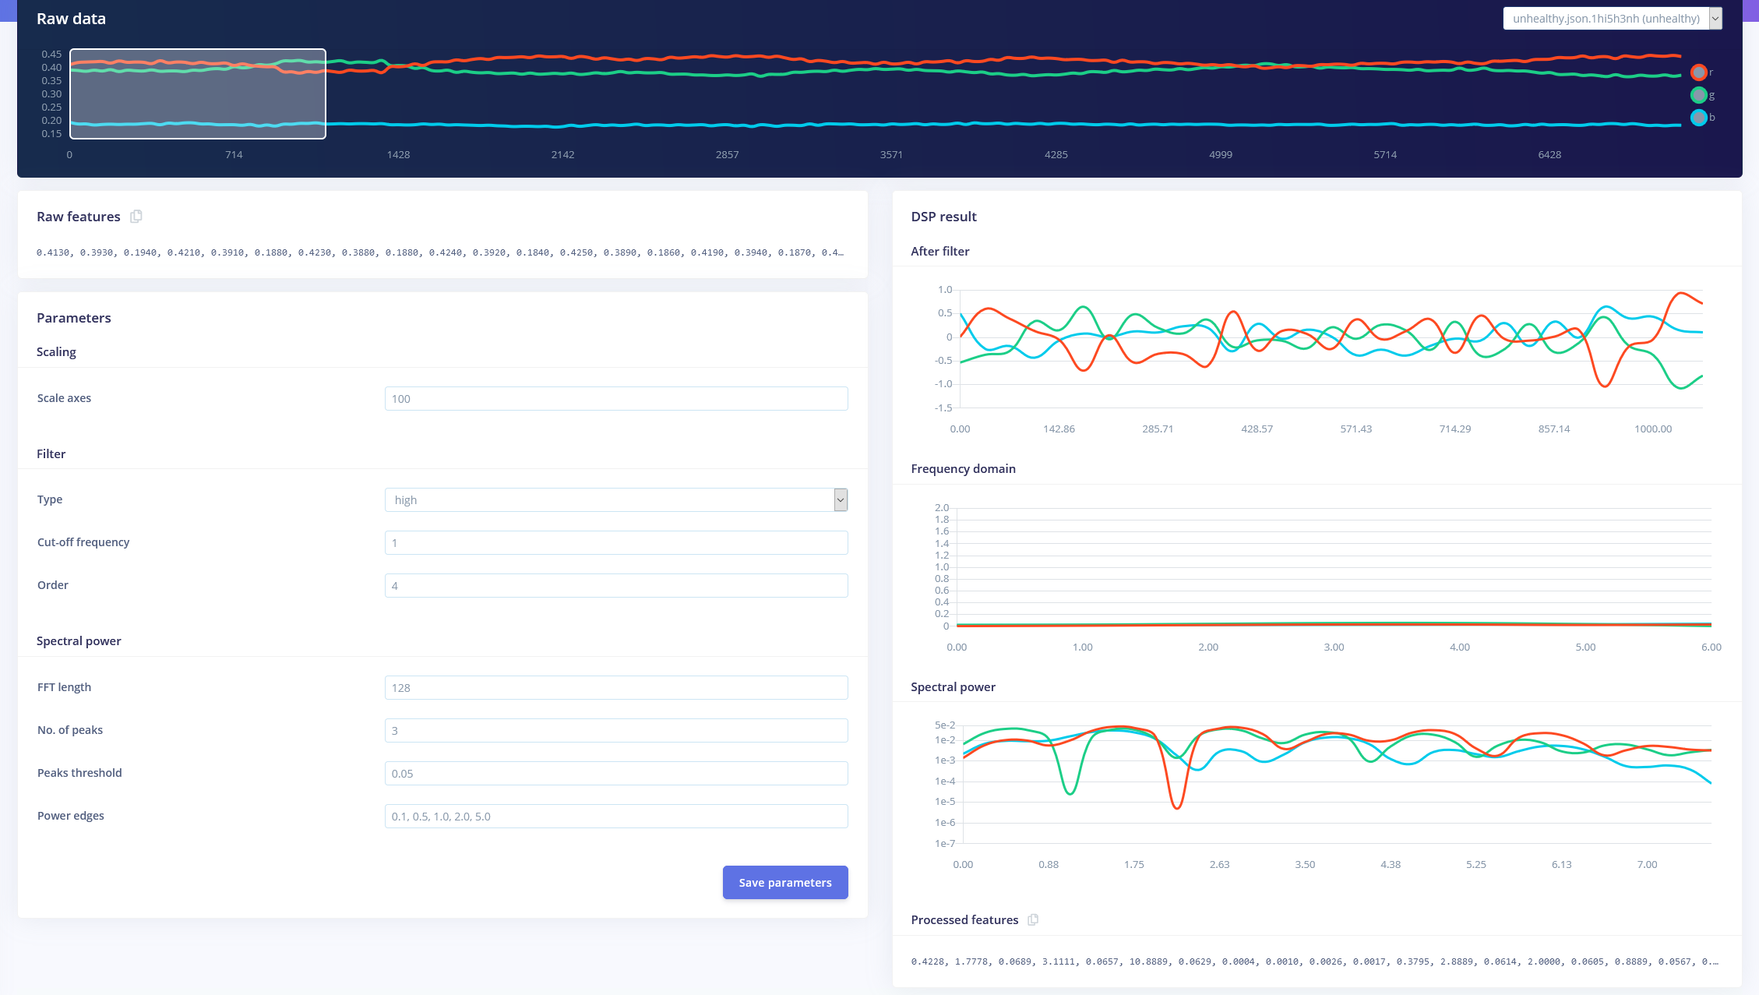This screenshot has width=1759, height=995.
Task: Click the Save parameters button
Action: pyautogui.click(x=784, y=882)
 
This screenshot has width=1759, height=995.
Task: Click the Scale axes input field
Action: pyautogui.click(x=615, y=399)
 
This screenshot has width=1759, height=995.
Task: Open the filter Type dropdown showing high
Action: pyautogui.click(x=615, y=500)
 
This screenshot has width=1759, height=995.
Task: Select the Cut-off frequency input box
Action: pyautogui.click(x=615, y=543)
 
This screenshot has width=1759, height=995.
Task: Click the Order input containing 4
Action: pyautogui.click(x=615, y=586)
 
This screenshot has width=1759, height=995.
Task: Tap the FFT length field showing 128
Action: pyautogui.click(x=615, y=688)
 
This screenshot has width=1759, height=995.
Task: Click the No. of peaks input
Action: pyautogui.click(x=615, y=731)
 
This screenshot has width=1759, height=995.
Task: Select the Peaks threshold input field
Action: pyautogui.click(x=615, y=774)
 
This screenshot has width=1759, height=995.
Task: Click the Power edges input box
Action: pyautogui.click(x=615, y=817)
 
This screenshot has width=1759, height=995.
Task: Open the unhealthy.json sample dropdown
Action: pyautogui.click(x=1612, y=19)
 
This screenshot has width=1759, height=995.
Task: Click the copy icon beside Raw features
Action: pyautogui.click(x=136, y=217)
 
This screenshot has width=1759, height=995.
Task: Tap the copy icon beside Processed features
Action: pyautogui.click(x=1033, y=920)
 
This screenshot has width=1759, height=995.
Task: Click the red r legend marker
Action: pyautogui.click(x=1699, y=72)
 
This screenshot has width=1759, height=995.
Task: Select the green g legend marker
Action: pyautogui.click(x=1699, y=95)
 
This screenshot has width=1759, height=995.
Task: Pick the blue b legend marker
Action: pyautogui.click(x=1699, y=118)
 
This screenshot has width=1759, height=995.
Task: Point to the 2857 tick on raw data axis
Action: pyautogui.click(x=727, y=155)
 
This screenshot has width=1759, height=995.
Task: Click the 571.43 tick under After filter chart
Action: pyautogui.click(x=1355, y=429)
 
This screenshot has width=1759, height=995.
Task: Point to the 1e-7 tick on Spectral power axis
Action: pyautogui.click(x=944, y=844)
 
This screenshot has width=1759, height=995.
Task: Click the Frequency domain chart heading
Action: pyautogui.click(x=963, y=469)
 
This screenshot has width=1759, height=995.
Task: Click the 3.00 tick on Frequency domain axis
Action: pyautogui.click(x=1334, y=647)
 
